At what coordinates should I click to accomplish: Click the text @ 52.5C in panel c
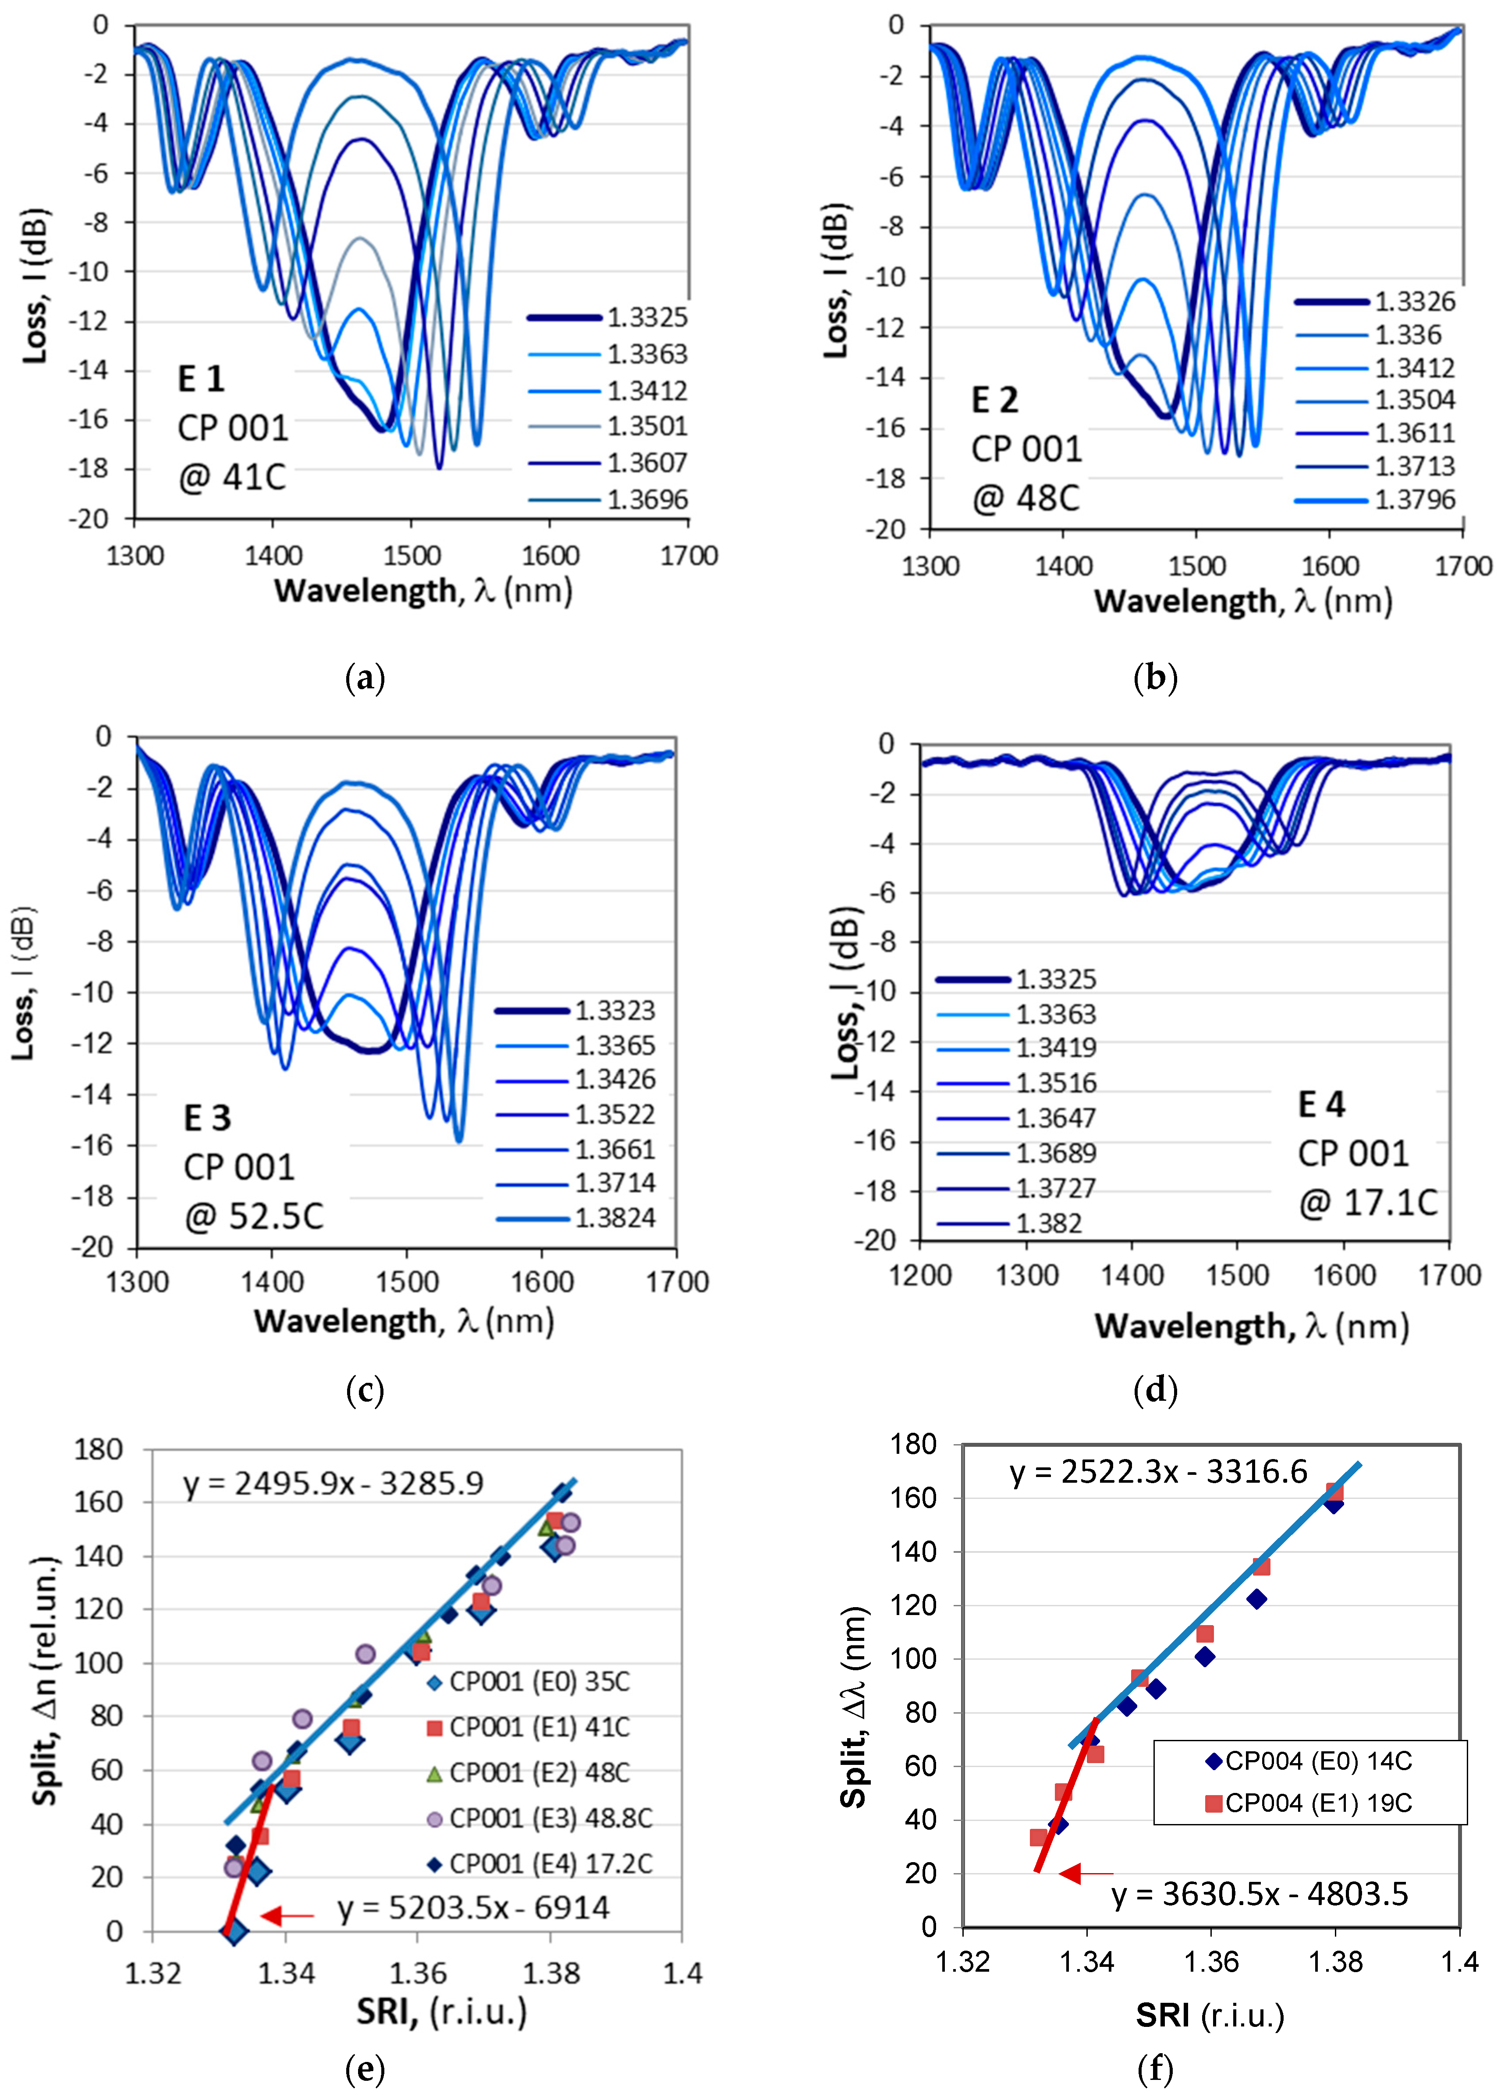pyautogui.click(x=254, y=1216)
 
